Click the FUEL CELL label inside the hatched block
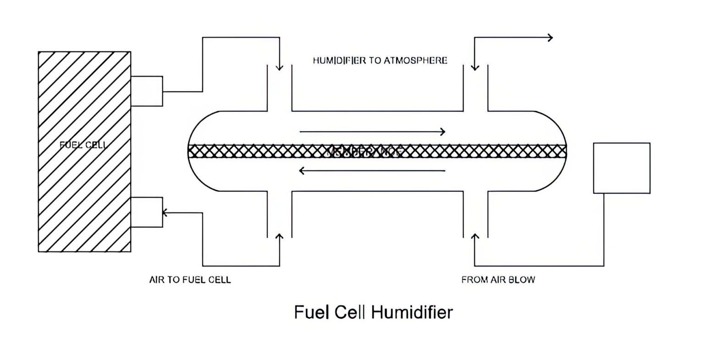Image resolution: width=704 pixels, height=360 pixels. tap(84, 145)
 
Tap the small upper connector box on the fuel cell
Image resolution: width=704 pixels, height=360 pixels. tap(147, 91)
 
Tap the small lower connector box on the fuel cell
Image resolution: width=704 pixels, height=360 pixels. tap(147, 212)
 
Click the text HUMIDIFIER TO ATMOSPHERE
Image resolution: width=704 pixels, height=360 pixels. tap(380, 60)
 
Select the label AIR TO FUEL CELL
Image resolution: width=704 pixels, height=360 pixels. tap(190, 280)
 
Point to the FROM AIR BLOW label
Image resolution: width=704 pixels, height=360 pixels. tap(498, 280)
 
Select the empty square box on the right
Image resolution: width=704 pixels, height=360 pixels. tap(621, 168)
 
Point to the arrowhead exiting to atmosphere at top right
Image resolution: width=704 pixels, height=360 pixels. tap(550, 38)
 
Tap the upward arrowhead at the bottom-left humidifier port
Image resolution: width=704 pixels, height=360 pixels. tap(279, 236)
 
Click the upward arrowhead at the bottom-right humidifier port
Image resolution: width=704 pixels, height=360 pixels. tap(475, 236)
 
